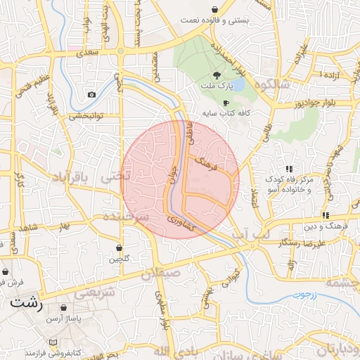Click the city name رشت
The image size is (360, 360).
coord(27,304)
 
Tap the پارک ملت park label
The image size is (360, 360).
coord(219,87)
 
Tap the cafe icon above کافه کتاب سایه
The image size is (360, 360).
coord(225,102)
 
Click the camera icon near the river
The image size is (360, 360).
coord(91,94)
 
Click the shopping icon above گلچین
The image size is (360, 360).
coord(119,247)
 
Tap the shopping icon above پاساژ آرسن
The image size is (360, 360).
coord(64,308)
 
